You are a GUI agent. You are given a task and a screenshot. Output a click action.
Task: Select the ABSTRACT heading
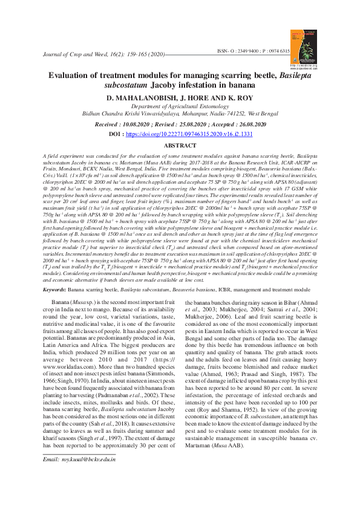click(180, 146)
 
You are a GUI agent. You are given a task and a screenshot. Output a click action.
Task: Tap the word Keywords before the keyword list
click(56, 290)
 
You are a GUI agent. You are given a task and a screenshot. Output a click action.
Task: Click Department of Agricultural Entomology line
click(180, 105)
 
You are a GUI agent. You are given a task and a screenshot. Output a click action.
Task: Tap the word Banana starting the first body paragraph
click(61, 301)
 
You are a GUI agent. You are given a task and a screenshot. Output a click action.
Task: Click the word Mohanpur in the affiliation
click(189, 112)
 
